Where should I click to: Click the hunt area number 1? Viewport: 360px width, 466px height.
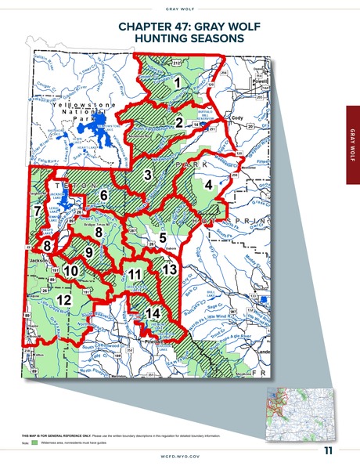click(x=178, y=81)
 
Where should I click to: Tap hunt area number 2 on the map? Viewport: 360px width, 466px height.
click(x=179, y=122)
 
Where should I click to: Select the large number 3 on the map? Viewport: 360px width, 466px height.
click(x=148, y=175)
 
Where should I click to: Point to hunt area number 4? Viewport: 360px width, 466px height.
click(x=208, y=185)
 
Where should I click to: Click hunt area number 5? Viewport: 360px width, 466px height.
click(x=162, y=237)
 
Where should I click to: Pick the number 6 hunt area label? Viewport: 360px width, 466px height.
click(x=103, y=194)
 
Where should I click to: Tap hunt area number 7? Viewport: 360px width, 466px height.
click(x=37, y=211)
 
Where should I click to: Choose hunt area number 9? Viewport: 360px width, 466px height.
click(x=88, y=252)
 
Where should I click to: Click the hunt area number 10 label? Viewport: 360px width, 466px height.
click(x=70, y=271)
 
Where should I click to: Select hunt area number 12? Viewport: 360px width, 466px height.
click(x=64, y=299)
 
